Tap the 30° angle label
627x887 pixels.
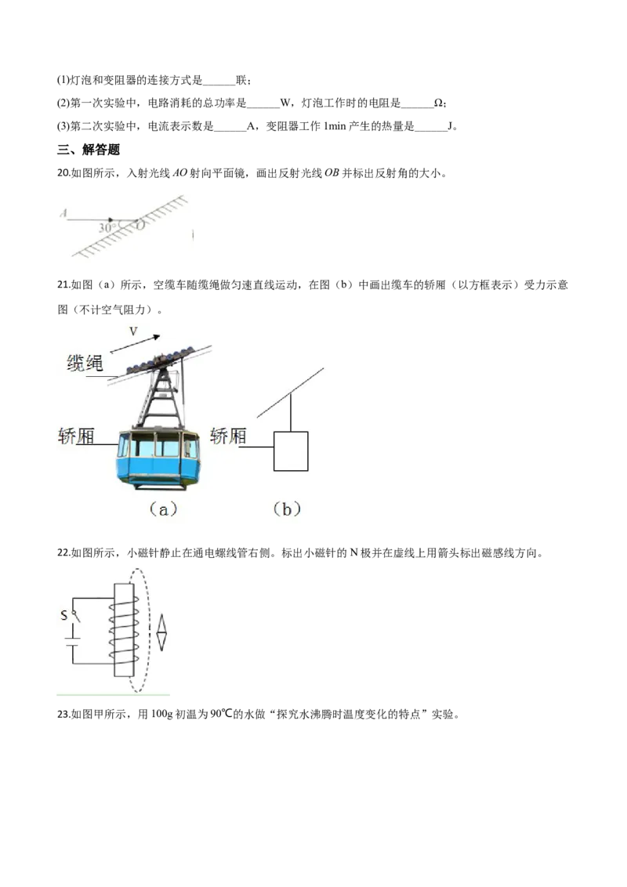pyautogui.click(x=107, y=227)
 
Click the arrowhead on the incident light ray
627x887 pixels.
pyautogui.click(x=111, y=220)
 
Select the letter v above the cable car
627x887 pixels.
pyautogui.click(x=133, y=332)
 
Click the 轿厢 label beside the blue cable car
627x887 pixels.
pyautogui.click(x=76, y=436)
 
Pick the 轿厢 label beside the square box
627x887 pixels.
pyautogui.click(x=229, y=436)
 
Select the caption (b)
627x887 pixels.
pyautogui.click(x=287, y=509)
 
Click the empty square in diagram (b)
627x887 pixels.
pyautogui.click(x=291, y=451)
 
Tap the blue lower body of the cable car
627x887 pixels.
pyautogui.click(x=158, y=471)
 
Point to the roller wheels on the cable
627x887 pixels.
pyautogui.click(x=160, y=360)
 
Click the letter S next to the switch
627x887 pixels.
pyautogui.click(x=63, y=616)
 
